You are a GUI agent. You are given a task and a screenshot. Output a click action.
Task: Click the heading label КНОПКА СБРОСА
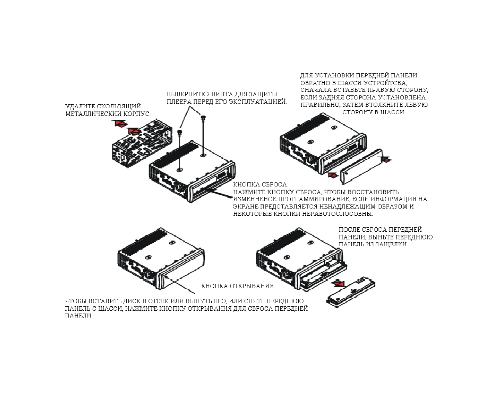260,184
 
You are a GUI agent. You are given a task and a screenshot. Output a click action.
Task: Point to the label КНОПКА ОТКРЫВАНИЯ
237,286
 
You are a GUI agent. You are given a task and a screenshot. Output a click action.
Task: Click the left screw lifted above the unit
180,132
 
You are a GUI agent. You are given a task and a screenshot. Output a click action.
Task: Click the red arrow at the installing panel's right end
386,160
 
